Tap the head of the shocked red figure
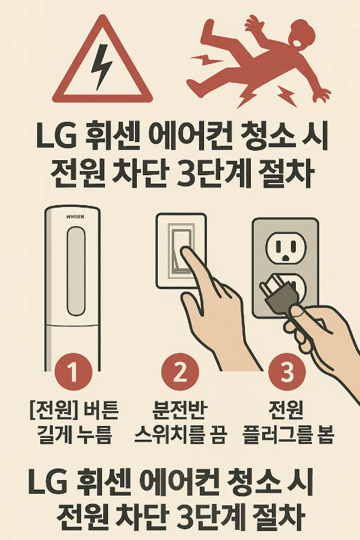(304, 36)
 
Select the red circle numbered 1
(73, 373)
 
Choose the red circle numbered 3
(287, 373)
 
